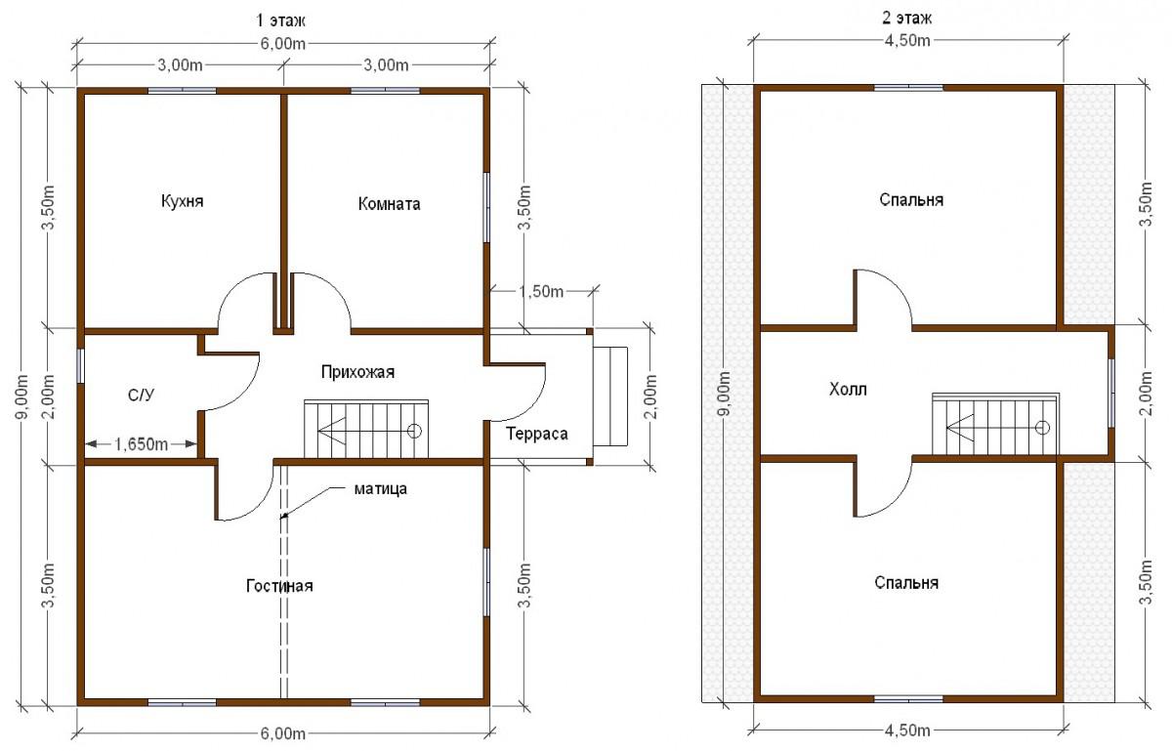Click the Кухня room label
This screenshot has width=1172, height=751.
coord(182,201)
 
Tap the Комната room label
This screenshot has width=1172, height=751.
coord(389,203)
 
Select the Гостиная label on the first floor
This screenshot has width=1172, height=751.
coord(279,585)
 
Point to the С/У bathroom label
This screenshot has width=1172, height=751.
coord(142,395)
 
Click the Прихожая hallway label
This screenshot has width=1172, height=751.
coord(357,372)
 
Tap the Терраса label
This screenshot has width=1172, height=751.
coord(537,434)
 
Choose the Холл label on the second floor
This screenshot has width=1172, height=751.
coord(848,390)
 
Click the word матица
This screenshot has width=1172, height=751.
coord(380,489)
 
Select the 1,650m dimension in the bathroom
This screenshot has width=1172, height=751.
coord(141,444)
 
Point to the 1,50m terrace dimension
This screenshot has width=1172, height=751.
coord(540,291)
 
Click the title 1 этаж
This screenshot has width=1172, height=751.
coord(280,21)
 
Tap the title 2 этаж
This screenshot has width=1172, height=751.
coord(906,19)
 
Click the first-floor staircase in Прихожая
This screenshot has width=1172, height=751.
coord(366,429)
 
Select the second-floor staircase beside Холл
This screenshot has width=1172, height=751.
coord(995,424)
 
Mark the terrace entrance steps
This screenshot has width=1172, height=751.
coord(610,396)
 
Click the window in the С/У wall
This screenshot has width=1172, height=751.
coord(80,366)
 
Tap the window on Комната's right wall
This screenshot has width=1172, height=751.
coord(486,207)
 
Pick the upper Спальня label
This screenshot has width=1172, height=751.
coord(911,200)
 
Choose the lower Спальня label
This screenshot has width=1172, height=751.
coord(906,582)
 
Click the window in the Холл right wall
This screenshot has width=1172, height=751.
coord(1111,393)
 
